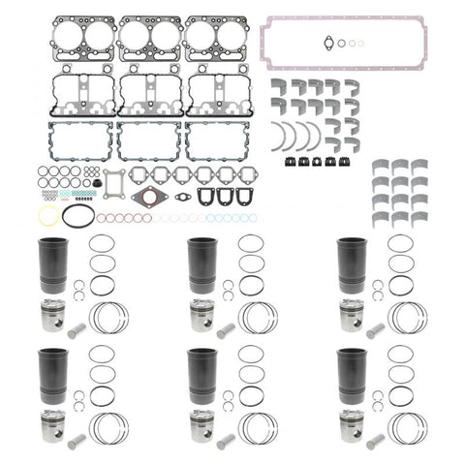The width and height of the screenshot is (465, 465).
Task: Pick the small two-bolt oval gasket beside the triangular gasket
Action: coord(179,197)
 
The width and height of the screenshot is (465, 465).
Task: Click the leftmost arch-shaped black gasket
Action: coord(202,197)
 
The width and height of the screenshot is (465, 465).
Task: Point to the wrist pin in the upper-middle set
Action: coord(224,330)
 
